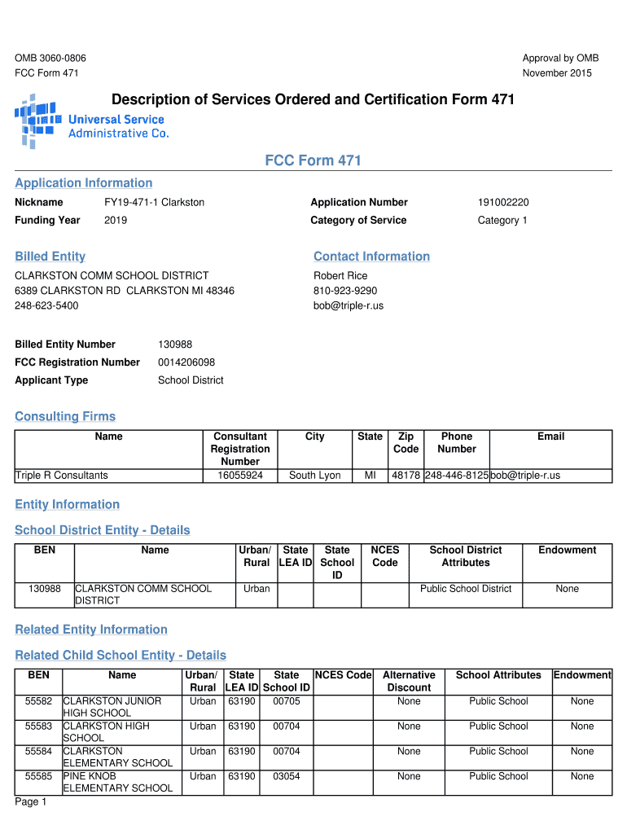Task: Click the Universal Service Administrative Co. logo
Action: point(91,121)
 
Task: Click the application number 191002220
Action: point(503,202)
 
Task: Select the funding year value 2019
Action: point(116,220)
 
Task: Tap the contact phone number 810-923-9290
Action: point(345,291)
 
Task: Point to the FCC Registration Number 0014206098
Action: point(186,362)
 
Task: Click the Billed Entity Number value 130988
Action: point(175,345)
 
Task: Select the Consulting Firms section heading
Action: point(65,417)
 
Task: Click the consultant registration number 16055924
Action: point(239,475)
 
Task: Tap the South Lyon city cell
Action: point(314,475)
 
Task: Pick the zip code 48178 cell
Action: point(406,475)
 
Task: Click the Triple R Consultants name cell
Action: point(62,475)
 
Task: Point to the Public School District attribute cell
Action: point(466,589)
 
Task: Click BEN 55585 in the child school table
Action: point(38,776)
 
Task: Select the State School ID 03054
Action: point(287,776)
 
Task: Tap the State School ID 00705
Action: point(287,701)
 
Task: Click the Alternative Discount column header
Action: point(409,681)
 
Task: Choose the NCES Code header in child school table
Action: point(343,675)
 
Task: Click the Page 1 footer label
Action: point(31,802)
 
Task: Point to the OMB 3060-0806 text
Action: point(50,58)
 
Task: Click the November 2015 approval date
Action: point(557,73)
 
